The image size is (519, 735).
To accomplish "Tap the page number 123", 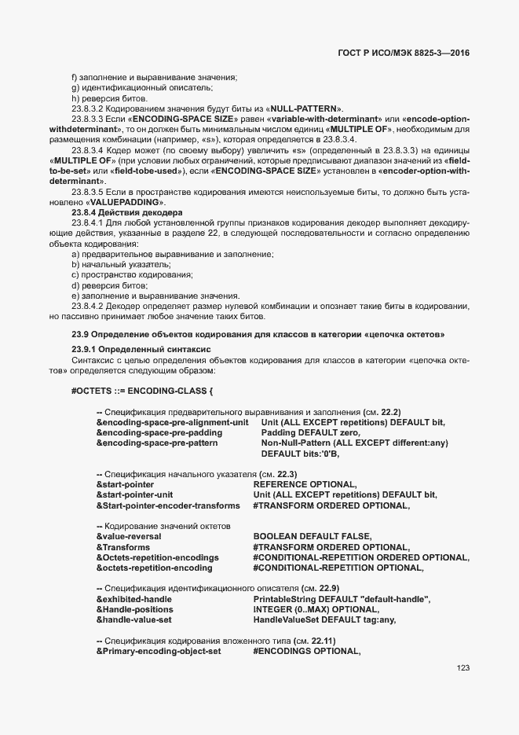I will (462, 668).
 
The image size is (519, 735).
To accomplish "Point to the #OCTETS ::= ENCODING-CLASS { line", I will (142, 390).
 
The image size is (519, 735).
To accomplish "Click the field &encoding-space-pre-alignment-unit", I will (172, 422).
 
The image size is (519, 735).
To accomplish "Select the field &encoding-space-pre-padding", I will (159, 432).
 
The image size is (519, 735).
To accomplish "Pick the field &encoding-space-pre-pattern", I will (157, 443).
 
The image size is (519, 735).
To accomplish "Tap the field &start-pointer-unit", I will (134, 494).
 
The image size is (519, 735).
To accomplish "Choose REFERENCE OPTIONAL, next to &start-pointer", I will (305, 484).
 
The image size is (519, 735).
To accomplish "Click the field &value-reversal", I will (129, 536).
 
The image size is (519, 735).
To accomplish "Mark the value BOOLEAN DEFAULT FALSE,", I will (312, 536).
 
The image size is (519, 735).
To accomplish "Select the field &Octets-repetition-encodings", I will (157, 557).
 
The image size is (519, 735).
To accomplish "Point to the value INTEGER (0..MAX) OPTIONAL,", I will (316, 609).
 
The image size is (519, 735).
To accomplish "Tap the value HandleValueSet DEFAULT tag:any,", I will (324, 619).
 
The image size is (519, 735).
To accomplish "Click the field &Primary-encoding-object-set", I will (159, 651).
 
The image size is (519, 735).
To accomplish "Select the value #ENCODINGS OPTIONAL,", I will (306, 651).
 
